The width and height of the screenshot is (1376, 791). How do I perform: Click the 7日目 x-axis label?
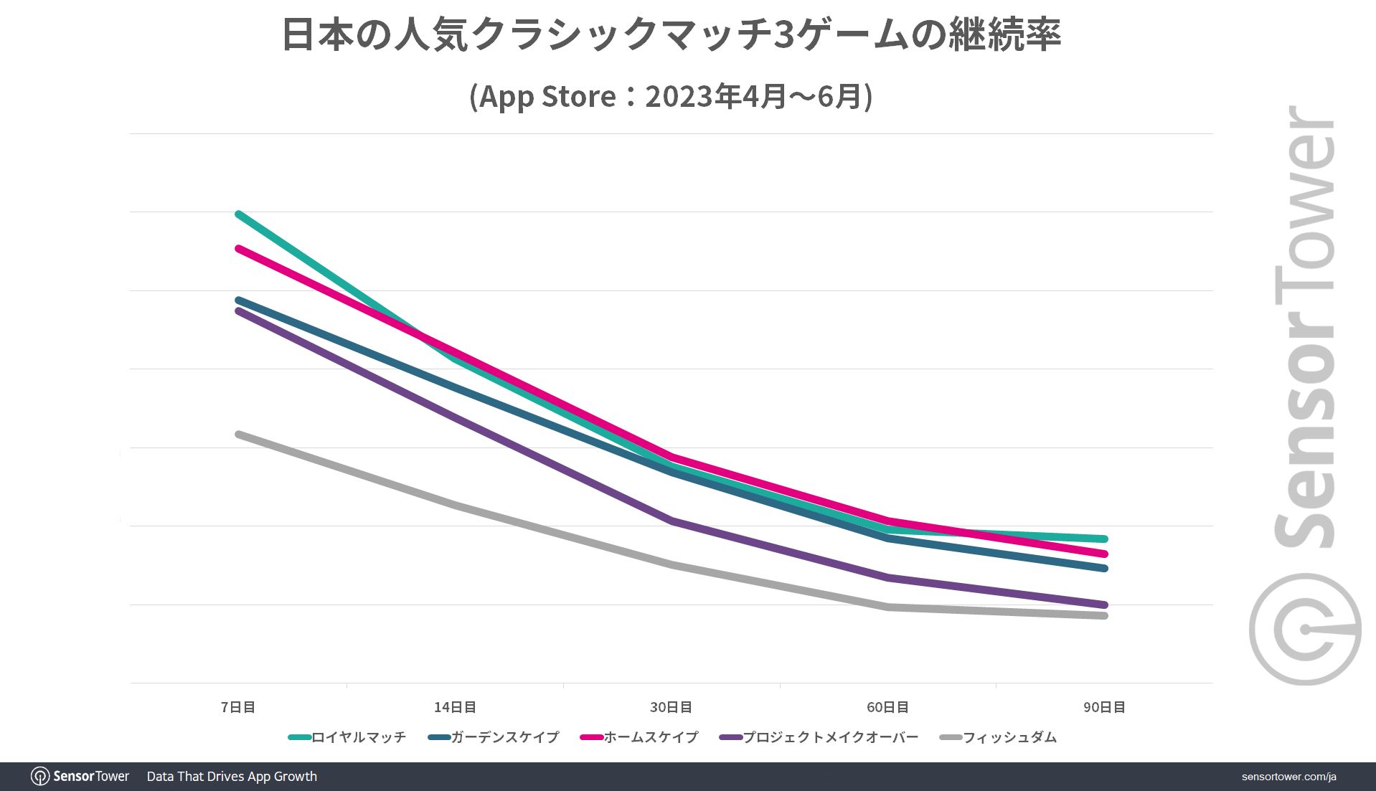point(237,707)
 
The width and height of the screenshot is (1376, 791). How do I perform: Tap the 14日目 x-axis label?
point(455,707)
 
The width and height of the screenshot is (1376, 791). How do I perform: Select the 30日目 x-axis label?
point(671,707)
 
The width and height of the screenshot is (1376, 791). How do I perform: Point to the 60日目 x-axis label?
point(887,707)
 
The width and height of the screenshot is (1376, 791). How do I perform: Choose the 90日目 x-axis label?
point(1104,707)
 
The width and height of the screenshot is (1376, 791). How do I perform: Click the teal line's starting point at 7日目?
point(238,214)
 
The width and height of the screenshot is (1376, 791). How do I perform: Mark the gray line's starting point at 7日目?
point(238,435)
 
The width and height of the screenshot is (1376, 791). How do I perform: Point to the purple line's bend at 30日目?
point(671,521)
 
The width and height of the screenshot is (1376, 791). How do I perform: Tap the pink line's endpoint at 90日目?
point(1104,554)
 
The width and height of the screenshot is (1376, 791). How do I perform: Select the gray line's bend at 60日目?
point(888,607)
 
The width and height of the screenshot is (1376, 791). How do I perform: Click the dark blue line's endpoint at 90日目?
point(1104,568)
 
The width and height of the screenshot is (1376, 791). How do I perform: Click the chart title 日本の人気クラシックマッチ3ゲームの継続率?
point(671,34)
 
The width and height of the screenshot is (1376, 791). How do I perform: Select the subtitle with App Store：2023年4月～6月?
point(671,96)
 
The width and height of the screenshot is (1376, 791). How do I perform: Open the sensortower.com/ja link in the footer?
point(1288,777)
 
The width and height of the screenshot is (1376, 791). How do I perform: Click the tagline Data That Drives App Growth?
point(232,777)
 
